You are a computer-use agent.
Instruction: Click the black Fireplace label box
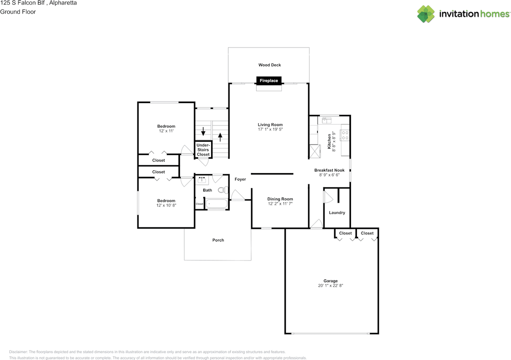tap(269, 81)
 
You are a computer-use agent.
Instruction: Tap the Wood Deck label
tap(269, 65)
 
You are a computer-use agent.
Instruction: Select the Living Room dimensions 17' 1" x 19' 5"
tap(270, 129)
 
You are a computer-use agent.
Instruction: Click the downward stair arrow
tap(203, 131)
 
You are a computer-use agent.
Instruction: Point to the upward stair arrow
tap(220, 137)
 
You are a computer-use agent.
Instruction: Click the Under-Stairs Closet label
tap(203, 150)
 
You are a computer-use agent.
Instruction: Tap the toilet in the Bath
tap(223, 190)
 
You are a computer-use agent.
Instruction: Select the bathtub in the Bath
tap(216, 204)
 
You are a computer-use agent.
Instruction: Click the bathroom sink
tap(202, 180)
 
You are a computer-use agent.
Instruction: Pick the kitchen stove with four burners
tap(345, 135)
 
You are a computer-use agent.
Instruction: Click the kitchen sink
tap(327, 120)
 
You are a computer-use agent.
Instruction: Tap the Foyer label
tap(240, 179)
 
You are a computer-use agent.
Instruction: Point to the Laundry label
tap(337, 213)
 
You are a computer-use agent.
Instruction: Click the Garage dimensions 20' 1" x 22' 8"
tap(331, 286)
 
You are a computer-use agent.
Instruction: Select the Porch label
tap(218, 240)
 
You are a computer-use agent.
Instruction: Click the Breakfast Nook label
tap(329, 170)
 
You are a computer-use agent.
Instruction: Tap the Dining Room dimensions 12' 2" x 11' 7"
tap(280, 204)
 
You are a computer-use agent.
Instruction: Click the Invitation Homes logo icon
tap(426, 14)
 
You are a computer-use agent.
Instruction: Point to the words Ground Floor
tap(18, 12)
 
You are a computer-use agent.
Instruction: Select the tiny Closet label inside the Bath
tap(199, 204)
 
